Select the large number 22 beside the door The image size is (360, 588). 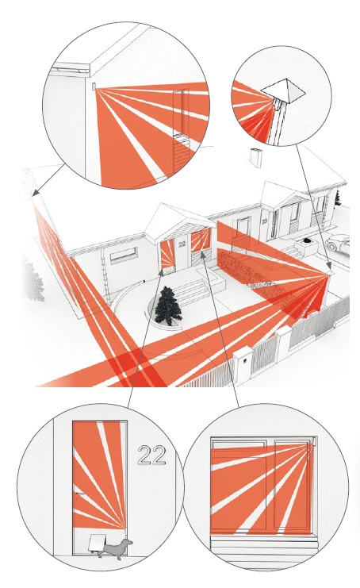tap(151, 455)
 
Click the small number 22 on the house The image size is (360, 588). tap(182, 244)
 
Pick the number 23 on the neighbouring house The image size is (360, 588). tap(265, 221)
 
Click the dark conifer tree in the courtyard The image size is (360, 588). tap(168, 306)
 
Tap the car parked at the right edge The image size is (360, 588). tap(339, 242)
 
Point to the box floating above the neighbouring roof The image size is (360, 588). tap(255, 157)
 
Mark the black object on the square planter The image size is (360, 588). tap(308, 240)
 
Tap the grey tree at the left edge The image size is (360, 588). tap(34, 279)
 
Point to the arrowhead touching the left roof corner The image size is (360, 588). tap(35, 193)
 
